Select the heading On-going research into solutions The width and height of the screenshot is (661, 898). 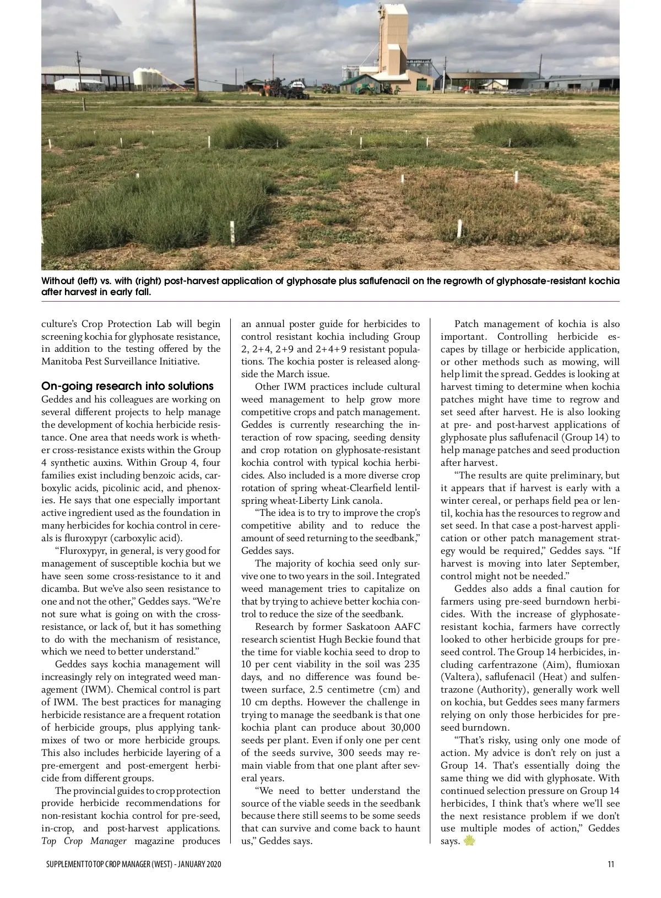coord(127,386)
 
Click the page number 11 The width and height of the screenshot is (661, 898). coord(611,864)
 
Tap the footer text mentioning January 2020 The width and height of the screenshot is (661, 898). coord(134,864)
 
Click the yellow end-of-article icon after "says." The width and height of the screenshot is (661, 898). coord(469,841)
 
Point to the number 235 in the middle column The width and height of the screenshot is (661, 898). coord(411,665)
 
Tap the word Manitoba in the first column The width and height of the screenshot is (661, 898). coord(62,362)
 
